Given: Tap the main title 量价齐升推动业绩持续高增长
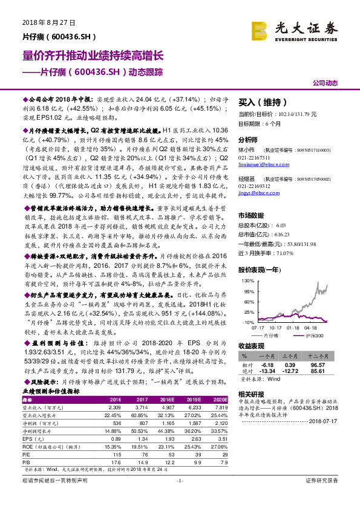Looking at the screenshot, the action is (x=93, y=56).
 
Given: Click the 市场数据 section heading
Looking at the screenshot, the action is (x=252, y=215).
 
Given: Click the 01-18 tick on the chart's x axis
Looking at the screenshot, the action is (x=294, y=328).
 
